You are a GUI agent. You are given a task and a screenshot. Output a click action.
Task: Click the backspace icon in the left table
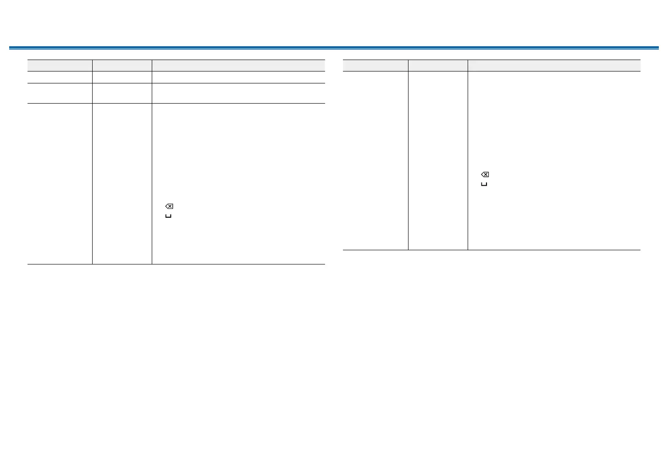tap(169, 207)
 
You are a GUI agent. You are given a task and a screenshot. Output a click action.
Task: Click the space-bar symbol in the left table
tap(168, 216)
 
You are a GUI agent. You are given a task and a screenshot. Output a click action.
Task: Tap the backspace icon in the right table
tap(485, 175)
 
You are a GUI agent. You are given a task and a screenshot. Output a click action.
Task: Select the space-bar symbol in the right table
tap(484, 184)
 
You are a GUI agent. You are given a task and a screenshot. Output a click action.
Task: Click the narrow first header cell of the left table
tap(60, 66)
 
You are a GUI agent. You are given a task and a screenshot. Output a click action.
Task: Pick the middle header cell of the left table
tap(122, 66)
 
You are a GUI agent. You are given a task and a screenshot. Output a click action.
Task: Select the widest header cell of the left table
tap(238, 66)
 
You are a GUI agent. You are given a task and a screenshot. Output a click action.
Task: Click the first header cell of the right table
tap(375, 66)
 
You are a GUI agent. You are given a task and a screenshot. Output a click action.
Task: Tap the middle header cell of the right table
tap(438, 66)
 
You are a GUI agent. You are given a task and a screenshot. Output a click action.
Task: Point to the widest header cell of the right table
tap(554, 66)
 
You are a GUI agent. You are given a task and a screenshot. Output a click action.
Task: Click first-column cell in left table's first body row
tap(60, 77)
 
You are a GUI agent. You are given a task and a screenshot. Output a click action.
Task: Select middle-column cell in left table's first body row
tap(122, 77)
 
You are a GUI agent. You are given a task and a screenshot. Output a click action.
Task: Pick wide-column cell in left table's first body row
tap(238, 77)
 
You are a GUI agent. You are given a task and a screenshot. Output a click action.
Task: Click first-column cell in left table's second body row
tap(60, 93)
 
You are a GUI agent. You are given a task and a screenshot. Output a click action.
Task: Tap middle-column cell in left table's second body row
tap(122, 93)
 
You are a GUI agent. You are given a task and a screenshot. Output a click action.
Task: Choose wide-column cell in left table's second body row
tap(238, 93)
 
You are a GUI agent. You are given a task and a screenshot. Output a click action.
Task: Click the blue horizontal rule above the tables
tap(334, 48)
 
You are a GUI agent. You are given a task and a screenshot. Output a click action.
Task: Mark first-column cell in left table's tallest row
tap(60, 183)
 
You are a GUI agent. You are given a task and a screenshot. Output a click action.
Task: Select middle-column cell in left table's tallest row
tap(122, 183)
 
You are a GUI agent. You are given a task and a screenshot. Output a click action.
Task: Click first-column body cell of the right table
tap(375, 160)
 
